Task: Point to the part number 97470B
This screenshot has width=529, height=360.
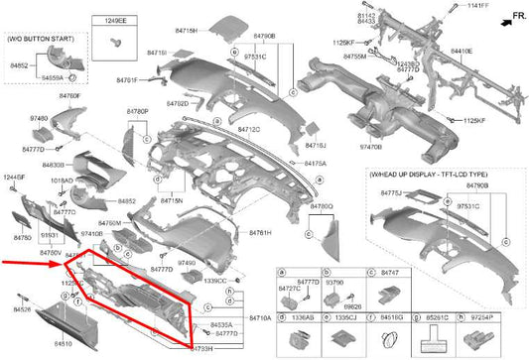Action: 372,147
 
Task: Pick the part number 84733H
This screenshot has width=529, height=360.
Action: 202,348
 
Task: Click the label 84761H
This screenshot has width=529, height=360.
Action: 261,232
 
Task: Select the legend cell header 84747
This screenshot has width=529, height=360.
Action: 390,271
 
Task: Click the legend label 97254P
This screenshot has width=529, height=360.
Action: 484,318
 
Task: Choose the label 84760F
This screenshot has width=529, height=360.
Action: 69,95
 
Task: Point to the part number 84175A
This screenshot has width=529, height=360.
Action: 315,163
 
